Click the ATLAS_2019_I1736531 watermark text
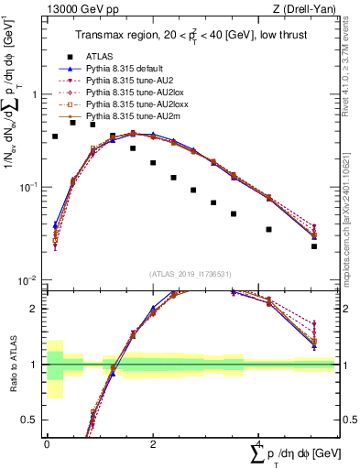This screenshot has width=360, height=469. point(191,274)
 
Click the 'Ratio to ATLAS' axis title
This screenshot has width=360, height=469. point(12,365)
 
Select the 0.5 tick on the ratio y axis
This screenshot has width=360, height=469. point(34,420)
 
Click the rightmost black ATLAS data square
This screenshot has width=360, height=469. point(313,246)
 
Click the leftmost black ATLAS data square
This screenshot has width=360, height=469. point(55,136)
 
